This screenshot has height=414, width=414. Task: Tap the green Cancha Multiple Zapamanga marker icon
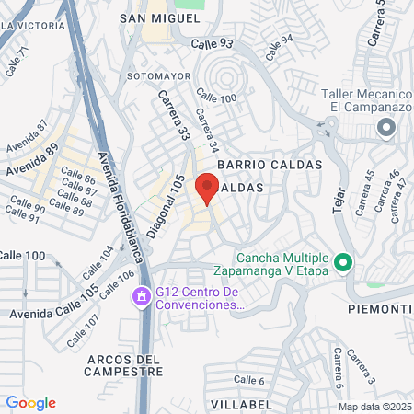343,263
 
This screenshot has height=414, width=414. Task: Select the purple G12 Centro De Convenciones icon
142,297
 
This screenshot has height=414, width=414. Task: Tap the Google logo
30,403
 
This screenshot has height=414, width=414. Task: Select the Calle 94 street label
280,40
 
